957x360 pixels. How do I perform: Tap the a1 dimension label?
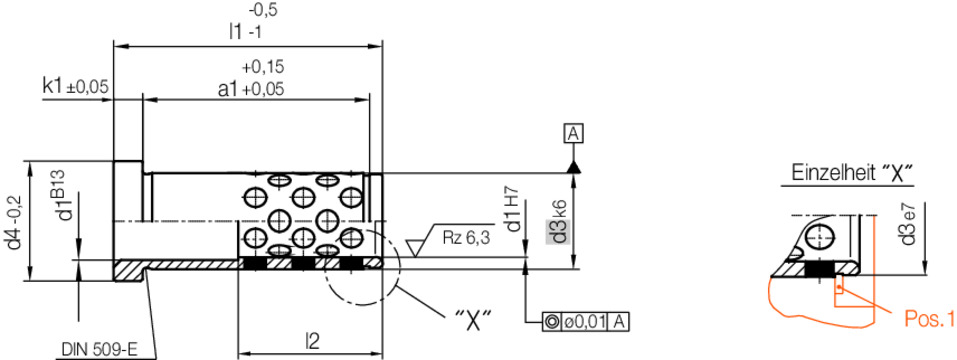pyautogui.click(x=250, y=88)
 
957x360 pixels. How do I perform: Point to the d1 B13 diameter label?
pyautogui.click(x=63, y=198)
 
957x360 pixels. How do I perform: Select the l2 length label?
pyautogui.click(x=312, y=341)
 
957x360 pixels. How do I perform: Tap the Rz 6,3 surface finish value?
pyautogui.click(x=466, y=237)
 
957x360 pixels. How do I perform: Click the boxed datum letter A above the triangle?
pyautogui.click(x=573, y=133)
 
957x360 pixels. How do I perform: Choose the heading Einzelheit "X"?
pyautogui.click(x=854, y=171)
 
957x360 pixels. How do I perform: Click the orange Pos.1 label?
pyautogui.click(x=929, y=319)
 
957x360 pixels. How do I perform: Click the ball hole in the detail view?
pyautogui.click(x=821, y=236)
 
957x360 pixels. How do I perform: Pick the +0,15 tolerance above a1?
pyautogui.click(x=262, y=68)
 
